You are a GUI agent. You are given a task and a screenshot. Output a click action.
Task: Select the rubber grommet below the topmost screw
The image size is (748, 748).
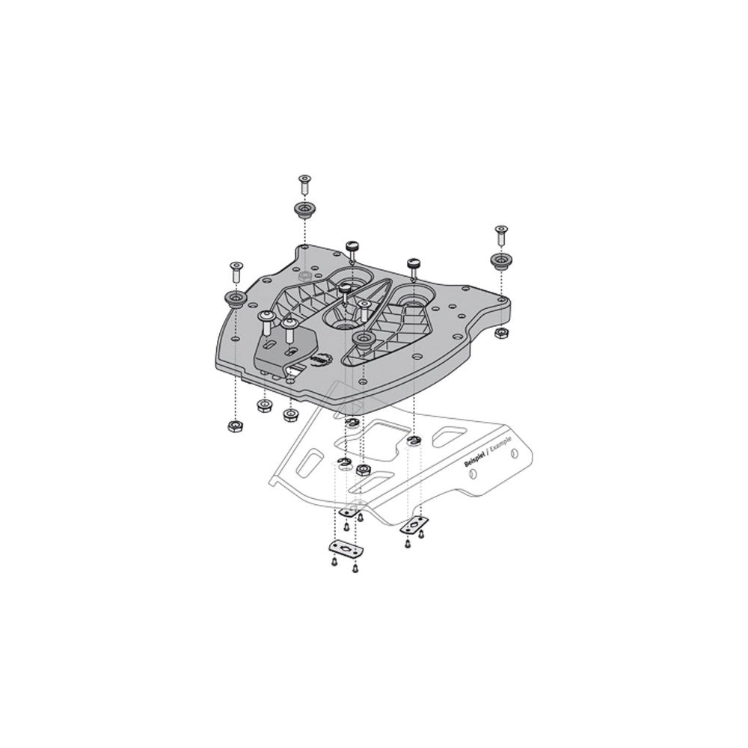tap(304, 209)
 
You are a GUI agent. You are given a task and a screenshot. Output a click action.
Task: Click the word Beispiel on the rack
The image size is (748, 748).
tap(476, 459)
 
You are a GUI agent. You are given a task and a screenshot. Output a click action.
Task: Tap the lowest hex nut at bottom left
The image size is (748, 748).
tap(233, 426)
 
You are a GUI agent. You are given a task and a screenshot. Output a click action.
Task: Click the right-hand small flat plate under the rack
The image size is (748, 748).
tap(414, 524)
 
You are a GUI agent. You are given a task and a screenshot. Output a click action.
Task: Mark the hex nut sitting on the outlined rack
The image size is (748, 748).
tap(363, 470)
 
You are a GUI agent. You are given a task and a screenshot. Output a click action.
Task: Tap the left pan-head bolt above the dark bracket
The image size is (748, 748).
tap(265, 322)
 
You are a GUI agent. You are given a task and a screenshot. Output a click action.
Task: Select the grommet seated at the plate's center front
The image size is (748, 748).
tap(364, 341)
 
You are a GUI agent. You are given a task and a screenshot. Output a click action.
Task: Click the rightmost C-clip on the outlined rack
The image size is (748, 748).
tap(413, 440)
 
